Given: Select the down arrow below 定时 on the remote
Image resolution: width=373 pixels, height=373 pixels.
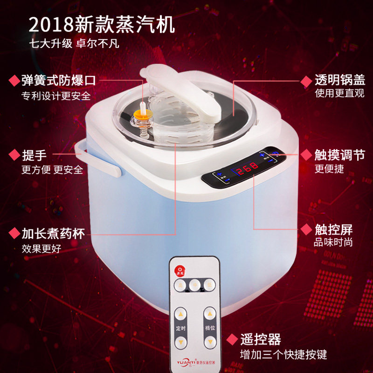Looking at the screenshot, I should click(180, 343).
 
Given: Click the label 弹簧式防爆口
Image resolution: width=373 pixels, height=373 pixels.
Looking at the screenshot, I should click(59, 80).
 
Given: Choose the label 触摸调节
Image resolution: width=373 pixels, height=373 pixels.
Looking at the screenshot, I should click(339, 155).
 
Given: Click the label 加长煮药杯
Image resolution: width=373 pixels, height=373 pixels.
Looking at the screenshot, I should click(53, 233).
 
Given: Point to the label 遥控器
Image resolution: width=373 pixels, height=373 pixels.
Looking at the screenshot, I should click(261, 339).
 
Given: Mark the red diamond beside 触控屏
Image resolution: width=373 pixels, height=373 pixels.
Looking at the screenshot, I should click(306, 229).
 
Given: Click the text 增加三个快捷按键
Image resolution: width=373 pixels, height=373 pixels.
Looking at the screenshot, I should click(283, 354).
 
